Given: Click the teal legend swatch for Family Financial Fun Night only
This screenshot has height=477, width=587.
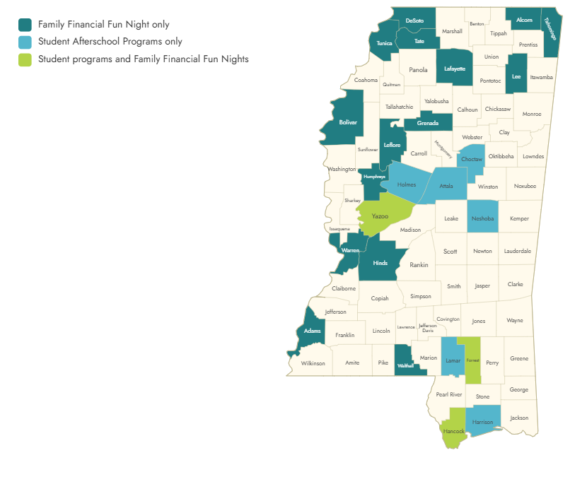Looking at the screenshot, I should point(25,25).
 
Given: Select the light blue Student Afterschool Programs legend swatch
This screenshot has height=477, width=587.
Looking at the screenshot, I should point(25,42).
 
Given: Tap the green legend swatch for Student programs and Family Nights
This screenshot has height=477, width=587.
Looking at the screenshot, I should point(25,59).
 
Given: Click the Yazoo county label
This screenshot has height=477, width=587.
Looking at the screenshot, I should point(380,216).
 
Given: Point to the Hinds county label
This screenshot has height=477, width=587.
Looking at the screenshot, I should point(380,263).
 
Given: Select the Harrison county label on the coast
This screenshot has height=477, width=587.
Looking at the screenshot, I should point(482,422).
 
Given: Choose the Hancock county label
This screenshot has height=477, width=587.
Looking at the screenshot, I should point(453,431).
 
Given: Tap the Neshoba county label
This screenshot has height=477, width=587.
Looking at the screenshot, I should point(482,218).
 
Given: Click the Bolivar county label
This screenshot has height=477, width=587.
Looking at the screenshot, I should point(348,122).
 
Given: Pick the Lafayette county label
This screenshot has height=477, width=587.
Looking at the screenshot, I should point(455,69).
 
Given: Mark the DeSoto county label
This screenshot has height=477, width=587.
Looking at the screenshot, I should point(414,20).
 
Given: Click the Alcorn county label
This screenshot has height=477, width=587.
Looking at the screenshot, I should point(524,20).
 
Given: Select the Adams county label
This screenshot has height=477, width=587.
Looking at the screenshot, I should point(312,331).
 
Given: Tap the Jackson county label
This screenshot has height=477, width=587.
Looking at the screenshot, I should point(518,418).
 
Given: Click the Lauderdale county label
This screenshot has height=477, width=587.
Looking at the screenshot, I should point(518,251).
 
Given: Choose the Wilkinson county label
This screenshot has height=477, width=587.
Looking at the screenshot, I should point(313,363).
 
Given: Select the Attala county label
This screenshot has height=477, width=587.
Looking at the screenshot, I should point(446,186).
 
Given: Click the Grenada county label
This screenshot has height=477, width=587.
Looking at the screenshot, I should point(428,123).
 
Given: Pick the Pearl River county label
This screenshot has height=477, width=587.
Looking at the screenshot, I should point(449,394).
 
